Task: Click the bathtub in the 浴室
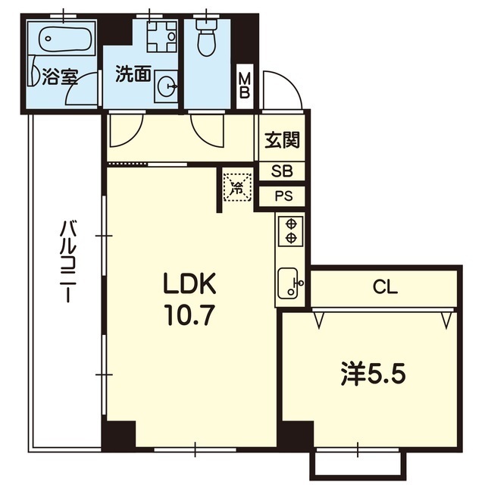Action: pyautogui.click(x=65, y=38)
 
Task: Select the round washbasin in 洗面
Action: pyautogui.click(x=166, y=86)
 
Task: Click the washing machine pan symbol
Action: pyautogui.click(x=161, y=36)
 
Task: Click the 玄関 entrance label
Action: pyautogui.click(x=283, y=140)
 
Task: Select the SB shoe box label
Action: pyautogui.click(x=282, y=171)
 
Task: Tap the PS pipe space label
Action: pyautogui.click(x=283, y=196)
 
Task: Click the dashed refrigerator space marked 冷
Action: pyautogui.click(x=238, y=187)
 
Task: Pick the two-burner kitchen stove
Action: pyautogui.click(x=291, y=230)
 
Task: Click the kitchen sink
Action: pyautogui.click(x=290, y=283)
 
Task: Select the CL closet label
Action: pyautogui.click(x=385, y=287)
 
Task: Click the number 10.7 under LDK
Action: pyautogui.click(x=189, y=314)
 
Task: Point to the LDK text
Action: pyautogui.click(x=189, y=283)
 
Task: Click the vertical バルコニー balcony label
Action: pyautogui.click(x=67, y=261)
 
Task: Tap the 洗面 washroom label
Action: pyautogui.click(x=133, y=74)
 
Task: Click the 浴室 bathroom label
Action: pyautogui.click(x=60, y=77)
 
